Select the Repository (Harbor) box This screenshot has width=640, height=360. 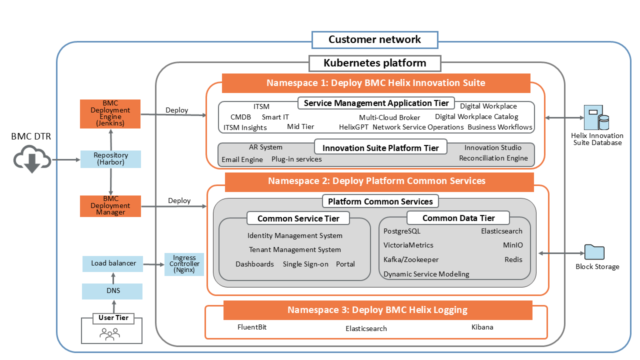[x=110, y=159]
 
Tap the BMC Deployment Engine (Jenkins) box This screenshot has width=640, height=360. [x=110, y=113]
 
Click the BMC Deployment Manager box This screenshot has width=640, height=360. [x=110, y=206]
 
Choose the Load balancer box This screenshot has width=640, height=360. [x=113, y=263]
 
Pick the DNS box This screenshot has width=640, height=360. [x=112, y=291]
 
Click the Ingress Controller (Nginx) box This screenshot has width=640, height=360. [x=184, y=264]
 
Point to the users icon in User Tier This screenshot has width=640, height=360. [x=109, y=333]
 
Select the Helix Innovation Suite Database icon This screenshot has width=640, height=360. [x=597, y=118]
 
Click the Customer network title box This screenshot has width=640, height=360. [x=374, y=40]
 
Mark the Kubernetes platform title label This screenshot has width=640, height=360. [x=374, y=63]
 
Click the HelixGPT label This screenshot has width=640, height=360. [x=353, y=127]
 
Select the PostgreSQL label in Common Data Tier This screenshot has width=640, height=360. [x=401, y=231]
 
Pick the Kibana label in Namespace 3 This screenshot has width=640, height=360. [x=482, y=327]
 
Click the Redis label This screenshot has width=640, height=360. [x=513, y=260]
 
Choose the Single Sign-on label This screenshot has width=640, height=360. [x=305, y=264]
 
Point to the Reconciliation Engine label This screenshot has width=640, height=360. [x=493, y=158]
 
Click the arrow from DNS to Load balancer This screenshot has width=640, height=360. [x=113, y=278]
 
